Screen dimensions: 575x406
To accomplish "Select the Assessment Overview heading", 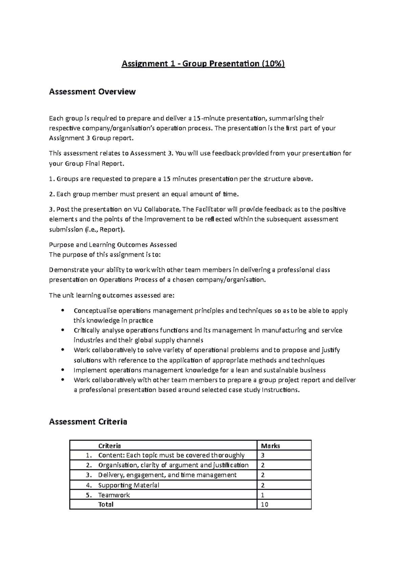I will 92,92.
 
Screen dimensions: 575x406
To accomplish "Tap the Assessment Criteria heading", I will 88,422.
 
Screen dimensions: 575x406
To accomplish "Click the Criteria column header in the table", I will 109,446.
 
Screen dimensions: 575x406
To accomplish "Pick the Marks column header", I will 270,446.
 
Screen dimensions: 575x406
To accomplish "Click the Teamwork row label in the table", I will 114,495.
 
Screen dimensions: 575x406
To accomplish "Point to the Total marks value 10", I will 264,505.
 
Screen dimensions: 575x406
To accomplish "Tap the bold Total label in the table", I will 106,505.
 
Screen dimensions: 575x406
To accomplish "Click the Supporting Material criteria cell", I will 129,485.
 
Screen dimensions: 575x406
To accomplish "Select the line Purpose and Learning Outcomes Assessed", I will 113,245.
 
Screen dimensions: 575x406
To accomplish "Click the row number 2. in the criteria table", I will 89,465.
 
